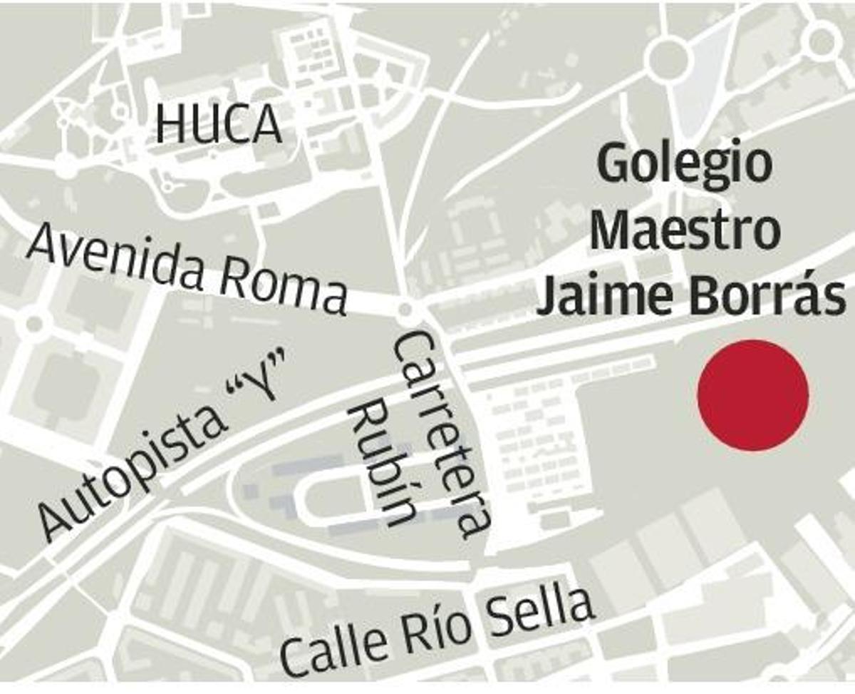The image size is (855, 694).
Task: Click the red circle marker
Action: [x=752, y=395]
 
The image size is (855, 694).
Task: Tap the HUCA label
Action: [x=219, y=123]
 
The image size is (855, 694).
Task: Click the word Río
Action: [x=439, y=626]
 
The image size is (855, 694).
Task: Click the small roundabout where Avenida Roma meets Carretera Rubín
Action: [x=405, y=310]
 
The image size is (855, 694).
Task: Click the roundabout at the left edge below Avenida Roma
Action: [x=33, y=325]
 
